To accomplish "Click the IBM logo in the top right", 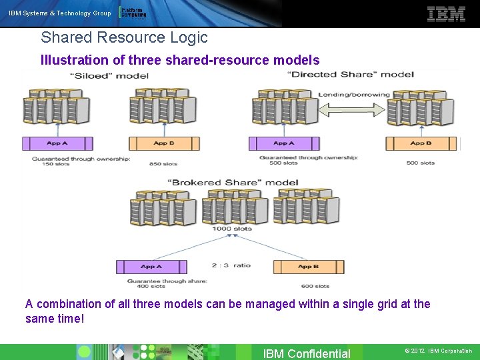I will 446,14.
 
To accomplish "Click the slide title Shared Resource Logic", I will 124,38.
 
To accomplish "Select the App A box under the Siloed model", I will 57,143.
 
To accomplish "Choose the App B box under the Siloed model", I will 164,143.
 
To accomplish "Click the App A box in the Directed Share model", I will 284,143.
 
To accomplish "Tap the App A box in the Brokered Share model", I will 151,267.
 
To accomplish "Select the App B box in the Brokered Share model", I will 309,267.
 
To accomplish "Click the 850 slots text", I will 163,163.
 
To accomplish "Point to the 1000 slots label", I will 232,229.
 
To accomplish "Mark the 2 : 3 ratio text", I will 231,265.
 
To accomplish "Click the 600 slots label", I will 315,286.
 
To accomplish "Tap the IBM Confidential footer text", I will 307,353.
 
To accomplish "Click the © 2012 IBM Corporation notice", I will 438,351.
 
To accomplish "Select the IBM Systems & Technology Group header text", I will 60,13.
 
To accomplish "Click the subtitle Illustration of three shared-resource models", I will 180,60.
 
